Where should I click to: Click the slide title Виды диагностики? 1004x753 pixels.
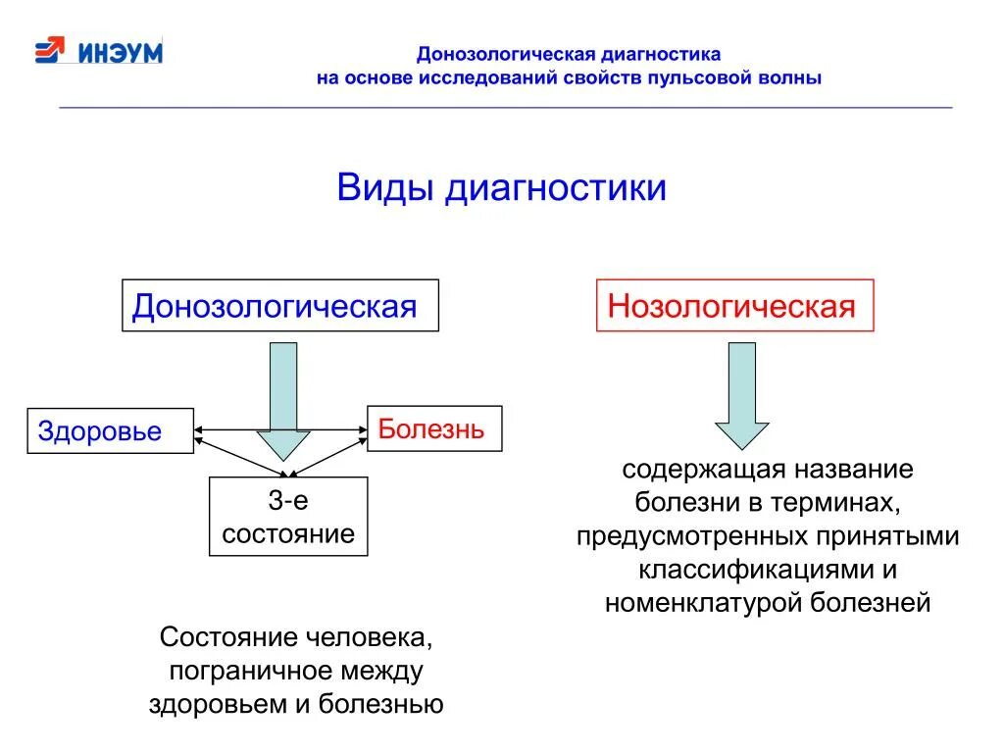(501, 187)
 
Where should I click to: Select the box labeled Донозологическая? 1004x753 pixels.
(279, 306)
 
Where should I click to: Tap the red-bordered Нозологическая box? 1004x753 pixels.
(734, 306)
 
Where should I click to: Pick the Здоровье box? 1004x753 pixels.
(110, 430)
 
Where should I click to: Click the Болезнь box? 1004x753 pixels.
(433, 428)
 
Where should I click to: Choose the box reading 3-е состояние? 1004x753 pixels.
(288, 517)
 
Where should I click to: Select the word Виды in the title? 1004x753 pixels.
(385, 187)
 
